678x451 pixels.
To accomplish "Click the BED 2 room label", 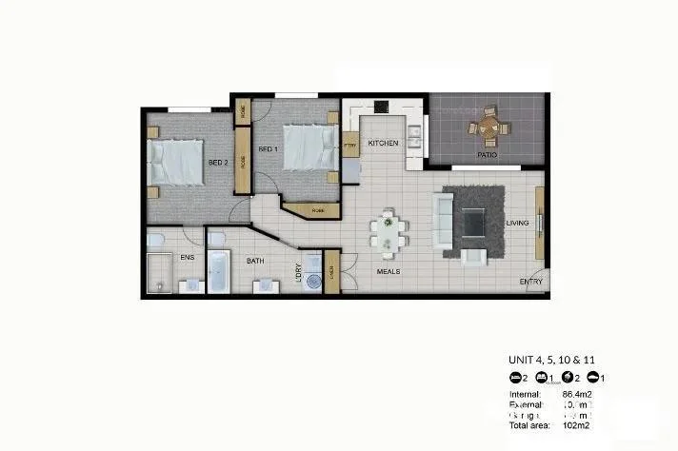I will coord(219,162).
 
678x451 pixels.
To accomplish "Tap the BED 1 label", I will coord(268,149).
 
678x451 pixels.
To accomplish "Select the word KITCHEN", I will coord(383,144).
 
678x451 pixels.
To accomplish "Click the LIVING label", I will coord(517,223).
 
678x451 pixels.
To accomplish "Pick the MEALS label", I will coord(387,271).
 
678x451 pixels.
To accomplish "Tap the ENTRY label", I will coord(531,282).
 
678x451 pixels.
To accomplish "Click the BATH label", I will coord(255,260).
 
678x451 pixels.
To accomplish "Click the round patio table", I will coord(489,125).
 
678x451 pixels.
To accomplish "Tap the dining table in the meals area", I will coord(389,233).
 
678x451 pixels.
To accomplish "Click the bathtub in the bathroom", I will coord(218,272).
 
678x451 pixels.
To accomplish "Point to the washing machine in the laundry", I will coord(312,281).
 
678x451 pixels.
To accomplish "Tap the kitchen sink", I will coord(414,139).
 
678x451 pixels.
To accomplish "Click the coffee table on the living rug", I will coord(473,225).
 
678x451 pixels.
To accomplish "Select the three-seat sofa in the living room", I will coord(444,220).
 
